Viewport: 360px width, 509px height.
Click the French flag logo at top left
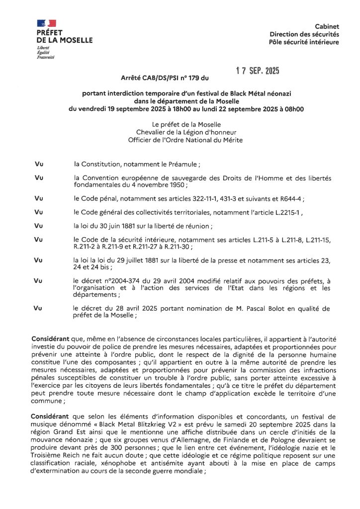pos(46,23)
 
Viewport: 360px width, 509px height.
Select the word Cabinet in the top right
pos(327,26)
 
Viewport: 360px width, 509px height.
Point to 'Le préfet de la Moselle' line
pos(180,124)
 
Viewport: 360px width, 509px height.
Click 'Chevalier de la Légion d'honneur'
pos(180,132)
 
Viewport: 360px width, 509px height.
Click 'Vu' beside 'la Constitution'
pos(39,164)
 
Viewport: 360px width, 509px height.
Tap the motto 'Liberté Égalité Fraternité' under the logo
pos(46,53)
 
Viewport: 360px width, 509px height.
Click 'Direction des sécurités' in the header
pos(304,34)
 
